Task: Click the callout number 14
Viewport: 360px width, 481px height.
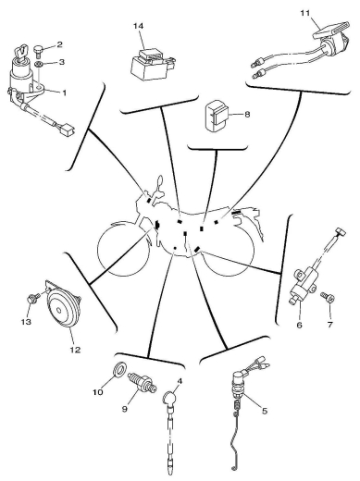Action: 139,26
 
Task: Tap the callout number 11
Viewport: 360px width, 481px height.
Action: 304,13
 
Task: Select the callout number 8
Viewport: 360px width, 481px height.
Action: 247,115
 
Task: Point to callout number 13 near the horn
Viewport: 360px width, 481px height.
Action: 26,322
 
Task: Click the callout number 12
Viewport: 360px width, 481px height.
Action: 75,350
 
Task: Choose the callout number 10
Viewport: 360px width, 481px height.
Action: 98,392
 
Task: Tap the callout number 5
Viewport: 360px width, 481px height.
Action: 265,411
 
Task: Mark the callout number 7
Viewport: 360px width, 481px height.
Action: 329,325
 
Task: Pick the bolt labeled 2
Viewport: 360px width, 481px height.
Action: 38,51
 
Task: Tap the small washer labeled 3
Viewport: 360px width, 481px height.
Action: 39,65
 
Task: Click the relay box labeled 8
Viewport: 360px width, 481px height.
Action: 216,115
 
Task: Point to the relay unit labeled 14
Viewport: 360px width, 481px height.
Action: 152,64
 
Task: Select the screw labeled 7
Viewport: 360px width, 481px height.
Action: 328,297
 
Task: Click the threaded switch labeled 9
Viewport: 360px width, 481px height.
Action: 143,382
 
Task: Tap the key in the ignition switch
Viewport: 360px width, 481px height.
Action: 21,52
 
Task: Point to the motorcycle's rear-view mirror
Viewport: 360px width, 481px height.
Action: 159,181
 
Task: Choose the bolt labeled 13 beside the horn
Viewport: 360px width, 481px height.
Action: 33,298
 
